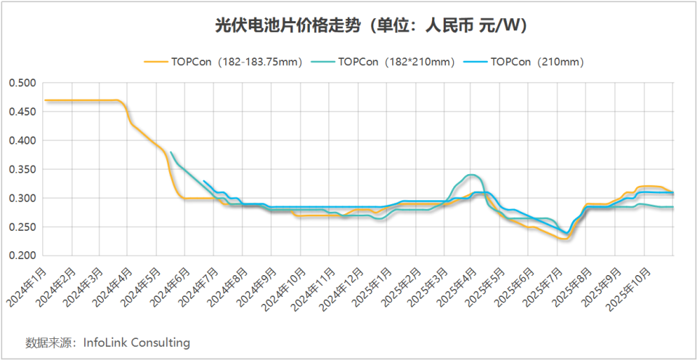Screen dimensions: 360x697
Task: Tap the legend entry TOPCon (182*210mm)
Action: (396, 62)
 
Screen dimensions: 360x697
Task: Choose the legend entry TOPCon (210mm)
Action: (537, 62)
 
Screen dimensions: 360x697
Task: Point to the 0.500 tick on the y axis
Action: (23, 83)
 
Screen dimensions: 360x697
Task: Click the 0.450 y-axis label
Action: (23, 112)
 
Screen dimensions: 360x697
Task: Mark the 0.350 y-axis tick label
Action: (23, 169)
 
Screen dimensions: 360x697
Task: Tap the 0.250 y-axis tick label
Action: (23, 227)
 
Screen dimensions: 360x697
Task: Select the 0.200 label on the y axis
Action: (23, 256)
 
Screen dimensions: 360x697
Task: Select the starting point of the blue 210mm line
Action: (204, 181)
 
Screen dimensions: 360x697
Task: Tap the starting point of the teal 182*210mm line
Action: (170, 152)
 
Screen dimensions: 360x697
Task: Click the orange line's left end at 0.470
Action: (45, 100)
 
